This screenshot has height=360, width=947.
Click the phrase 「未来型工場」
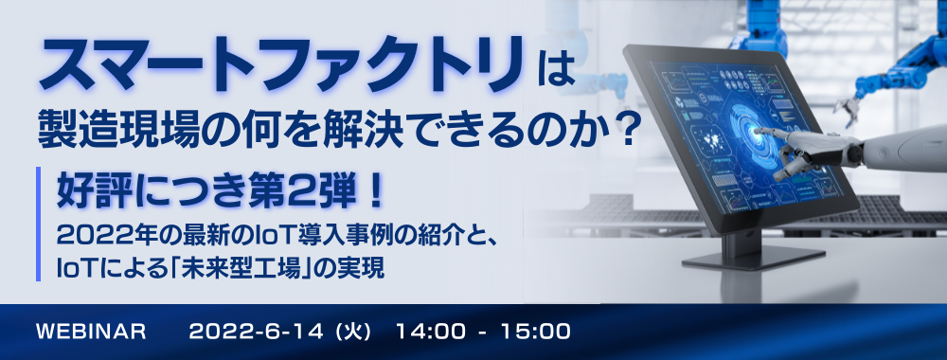tap(248, 267)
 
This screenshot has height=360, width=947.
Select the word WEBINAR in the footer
tap(92, 332)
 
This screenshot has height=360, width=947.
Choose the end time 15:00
tap(538, 332)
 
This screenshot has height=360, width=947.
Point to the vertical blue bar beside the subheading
tap(39, 224)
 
